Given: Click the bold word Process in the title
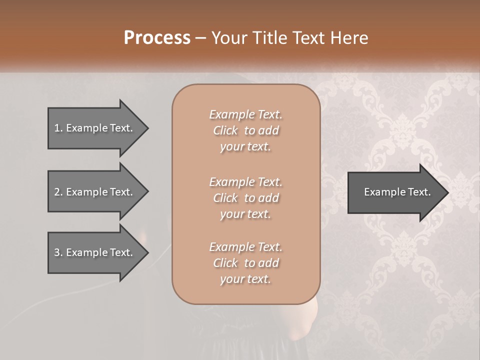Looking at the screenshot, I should click(157, 38).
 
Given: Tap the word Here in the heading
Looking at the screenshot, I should click(348, 38).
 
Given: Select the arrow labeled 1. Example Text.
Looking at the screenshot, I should click(95, 128).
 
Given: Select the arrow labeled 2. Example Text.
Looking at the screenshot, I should click(95, 192).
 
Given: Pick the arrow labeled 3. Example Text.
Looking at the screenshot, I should click(95, 252).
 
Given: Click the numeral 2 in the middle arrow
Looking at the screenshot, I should click(57, 192).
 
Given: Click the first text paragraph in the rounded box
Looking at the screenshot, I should click(245, 130).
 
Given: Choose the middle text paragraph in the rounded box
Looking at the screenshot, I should click(245, 198).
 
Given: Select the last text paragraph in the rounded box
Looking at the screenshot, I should click(245, 263).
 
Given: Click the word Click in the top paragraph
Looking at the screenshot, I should click(225, 130).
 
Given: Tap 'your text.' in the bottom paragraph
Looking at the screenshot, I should click(245, 279).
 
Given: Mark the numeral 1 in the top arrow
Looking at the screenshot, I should click(56, 128).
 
